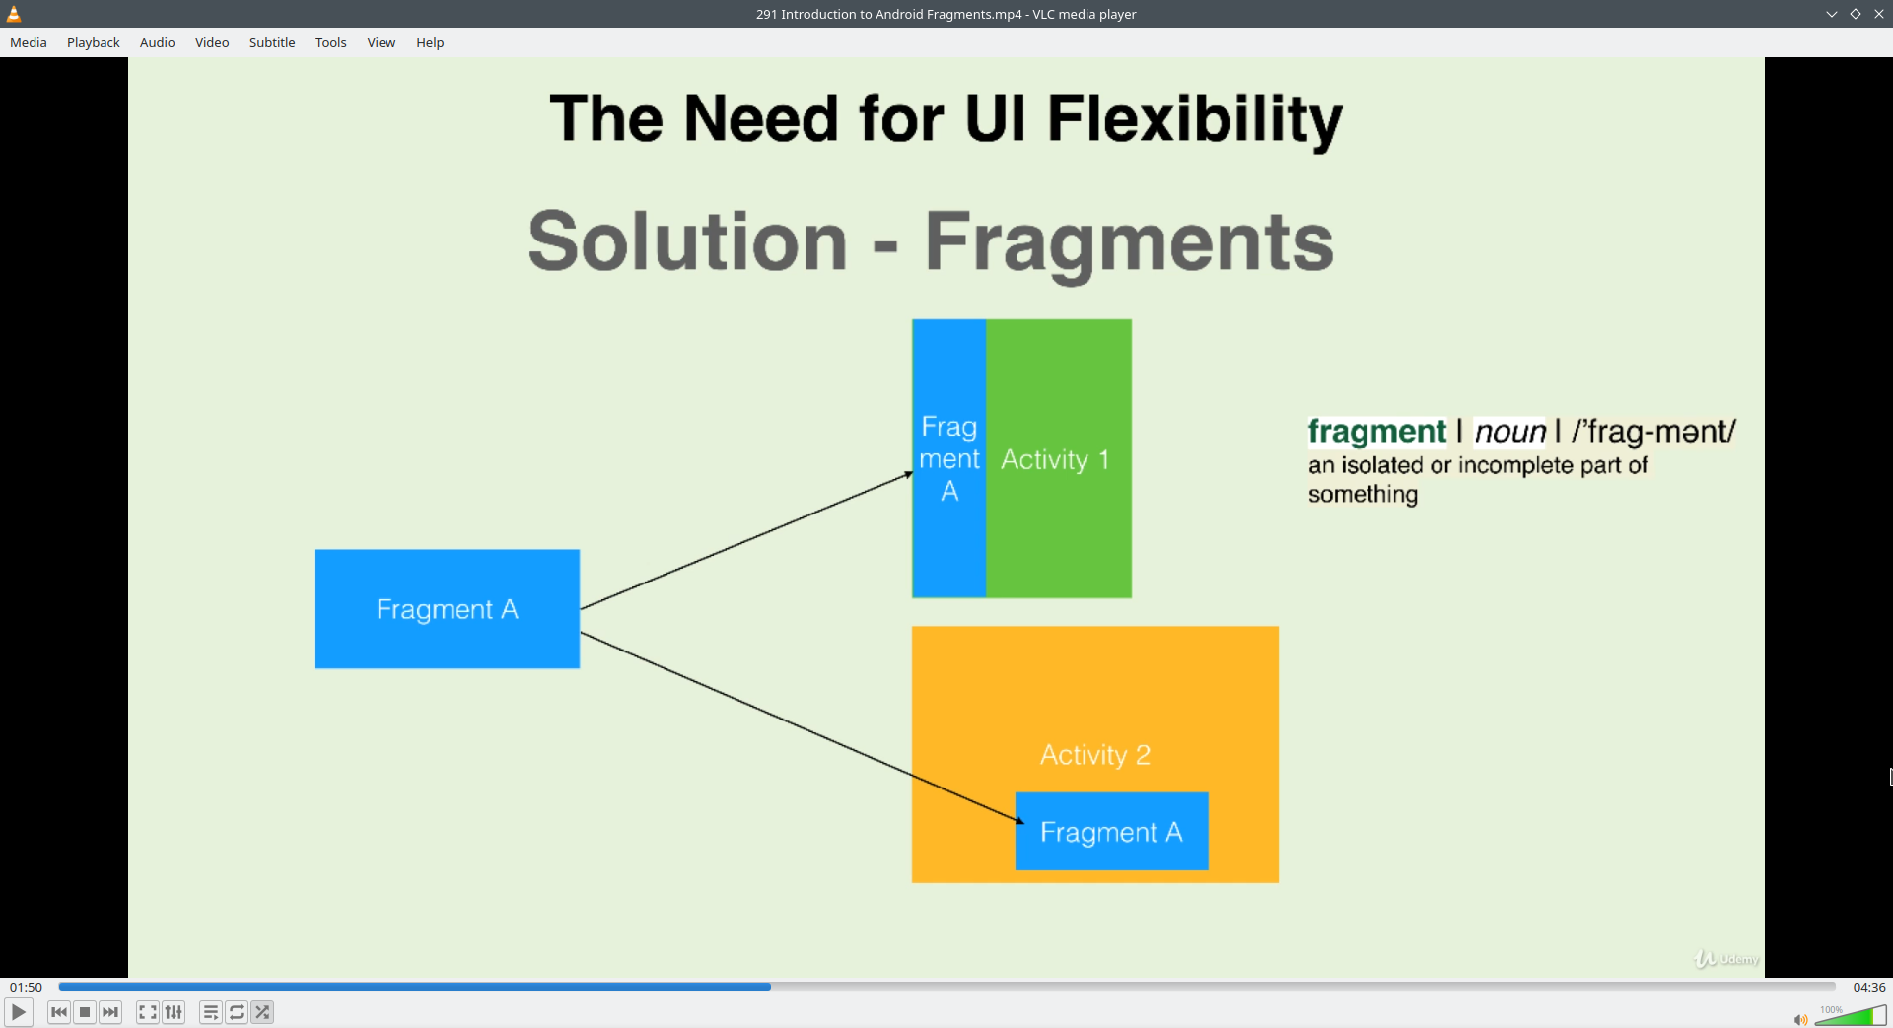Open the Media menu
click(29, 42)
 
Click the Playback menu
click(94, 42)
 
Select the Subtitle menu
click(272, 42)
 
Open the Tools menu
click(331, 42)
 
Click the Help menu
click(430, 42)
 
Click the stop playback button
click(85, 1012)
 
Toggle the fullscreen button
click(148, 1012)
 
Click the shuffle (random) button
click(262, 1012)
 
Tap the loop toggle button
click(237, 1012)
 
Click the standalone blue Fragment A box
click(447, 609)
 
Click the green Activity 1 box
click(1059, 458)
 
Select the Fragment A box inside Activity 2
click(1112, 832)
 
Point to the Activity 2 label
click(1095, 755)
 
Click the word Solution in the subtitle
click(687, 241)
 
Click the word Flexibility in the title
click(1195, 119)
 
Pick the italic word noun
click(1510, 432)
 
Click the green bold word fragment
click(1376, 432)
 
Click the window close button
click(1879, 14)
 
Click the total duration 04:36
click(1869, 987)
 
